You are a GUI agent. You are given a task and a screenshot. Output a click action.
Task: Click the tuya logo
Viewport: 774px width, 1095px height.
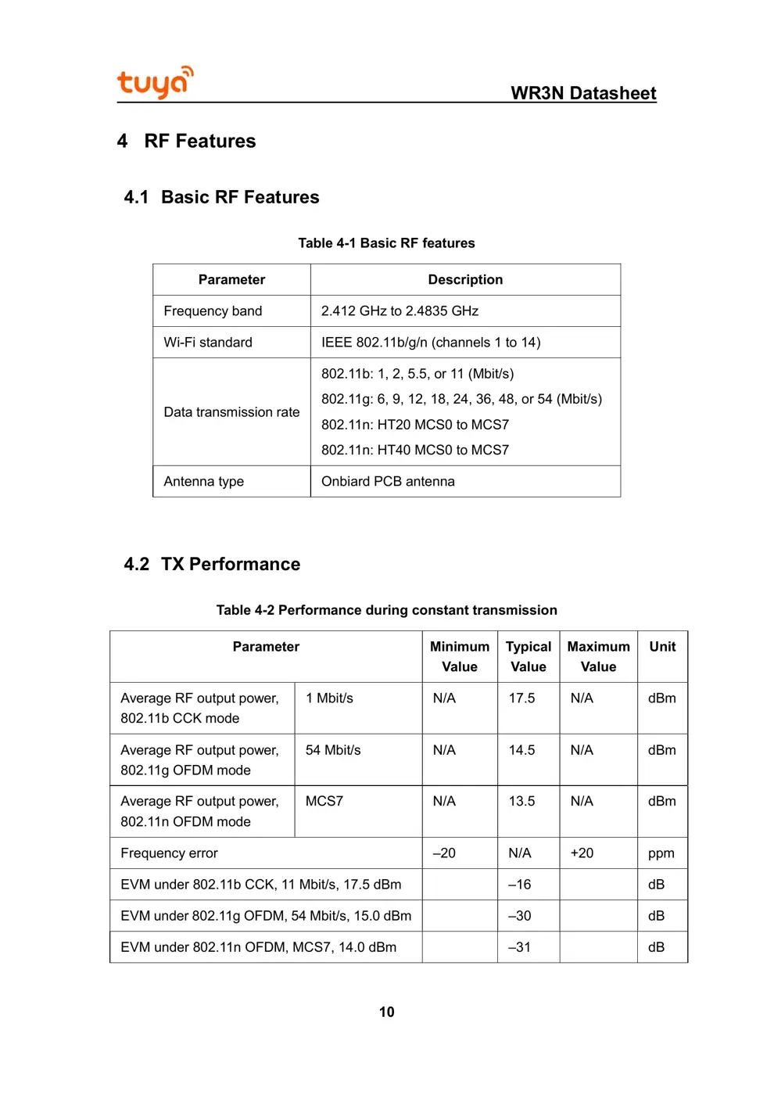coord(155,82)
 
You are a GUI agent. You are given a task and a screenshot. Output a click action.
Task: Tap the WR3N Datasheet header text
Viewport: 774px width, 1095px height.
coord(583,93)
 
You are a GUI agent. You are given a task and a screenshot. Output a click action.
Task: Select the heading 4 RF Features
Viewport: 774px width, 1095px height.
coord(187,141)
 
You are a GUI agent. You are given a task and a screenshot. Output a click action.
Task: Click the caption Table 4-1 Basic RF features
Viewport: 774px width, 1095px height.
coord(386,243)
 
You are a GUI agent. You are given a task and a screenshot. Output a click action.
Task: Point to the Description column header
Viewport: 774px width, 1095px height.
coord(465,280)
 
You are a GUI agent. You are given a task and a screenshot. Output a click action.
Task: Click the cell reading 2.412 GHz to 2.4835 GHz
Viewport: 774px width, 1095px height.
coord(400,311)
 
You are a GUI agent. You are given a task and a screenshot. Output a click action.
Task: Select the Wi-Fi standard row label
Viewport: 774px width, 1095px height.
coord(208,343)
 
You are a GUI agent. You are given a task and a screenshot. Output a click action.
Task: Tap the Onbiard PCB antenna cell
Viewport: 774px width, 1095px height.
coord(388,482)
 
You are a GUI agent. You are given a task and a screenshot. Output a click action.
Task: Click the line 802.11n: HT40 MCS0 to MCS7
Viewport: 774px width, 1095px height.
coord(414,451)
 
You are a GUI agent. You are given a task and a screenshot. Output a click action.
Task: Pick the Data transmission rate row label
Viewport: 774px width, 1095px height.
coord(231,412)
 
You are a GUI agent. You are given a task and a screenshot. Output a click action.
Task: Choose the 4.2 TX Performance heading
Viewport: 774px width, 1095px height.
coord(212,564)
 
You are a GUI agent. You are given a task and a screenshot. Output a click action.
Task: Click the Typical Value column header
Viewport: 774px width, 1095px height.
coord(529,656)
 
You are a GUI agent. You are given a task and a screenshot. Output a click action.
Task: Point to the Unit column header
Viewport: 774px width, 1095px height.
coord(662,647)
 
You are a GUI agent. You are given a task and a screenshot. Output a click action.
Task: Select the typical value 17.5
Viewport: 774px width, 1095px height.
coord(521,698)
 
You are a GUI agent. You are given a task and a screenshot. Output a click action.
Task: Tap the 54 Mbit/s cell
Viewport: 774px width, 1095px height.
coord(333,750)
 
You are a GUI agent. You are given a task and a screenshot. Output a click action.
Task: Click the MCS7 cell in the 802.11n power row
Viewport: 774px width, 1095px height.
coord(324,802)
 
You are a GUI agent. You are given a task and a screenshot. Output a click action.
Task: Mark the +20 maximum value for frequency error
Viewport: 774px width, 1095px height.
coord(582,853)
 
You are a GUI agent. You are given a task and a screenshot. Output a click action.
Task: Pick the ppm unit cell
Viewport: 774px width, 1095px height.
coord(661,853)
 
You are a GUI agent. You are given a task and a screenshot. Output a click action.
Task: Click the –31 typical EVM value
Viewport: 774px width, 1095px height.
coord(519,947)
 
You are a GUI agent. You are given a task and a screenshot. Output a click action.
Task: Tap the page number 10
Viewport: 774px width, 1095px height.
coord(386,1012)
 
